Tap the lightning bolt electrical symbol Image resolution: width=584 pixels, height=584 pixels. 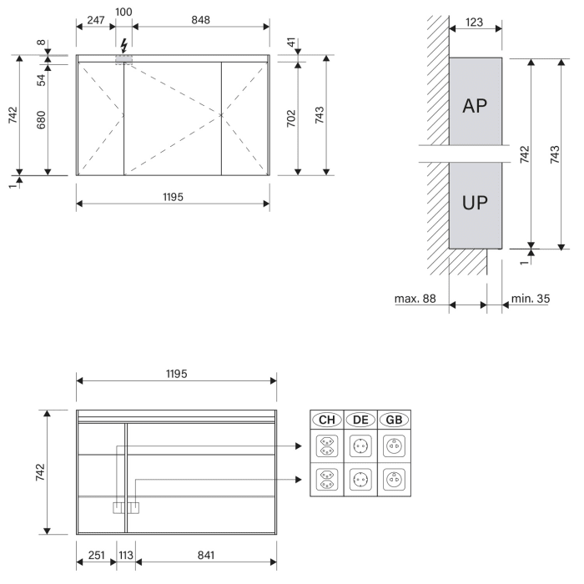tap(125, 45)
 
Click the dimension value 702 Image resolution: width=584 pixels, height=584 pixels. tap(290, 118)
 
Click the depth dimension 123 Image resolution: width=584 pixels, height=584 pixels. tap(475, 23)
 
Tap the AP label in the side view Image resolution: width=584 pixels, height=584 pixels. tap(475, 107)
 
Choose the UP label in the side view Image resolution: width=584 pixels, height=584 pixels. tap(475, 203)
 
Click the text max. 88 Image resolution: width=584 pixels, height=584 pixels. tap(415, 297)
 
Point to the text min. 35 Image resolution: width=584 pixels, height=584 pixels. tap(531, 297)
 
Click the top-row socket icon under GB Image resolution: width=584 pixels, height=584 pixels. tap(393, 446)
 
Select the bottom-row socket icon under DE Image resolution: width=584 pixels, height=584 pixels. tap(360, 480)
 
